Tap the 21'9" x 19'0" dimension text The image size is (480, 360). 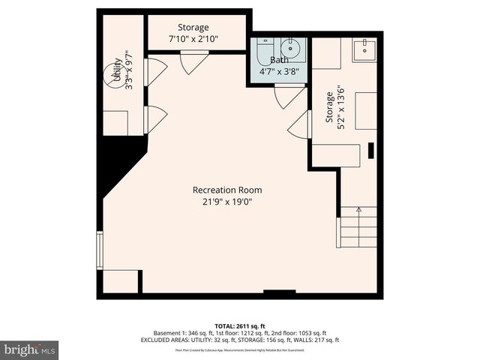[226, 201]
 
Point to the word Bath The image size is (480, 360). [279, 60]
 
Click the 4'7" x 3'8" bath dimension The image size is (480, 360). [279, 72]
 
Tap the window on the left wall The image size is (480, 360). [99, 250]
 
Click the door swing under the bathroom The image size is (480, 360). [288, 96]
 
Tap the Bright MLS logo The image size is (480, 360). [30, 349]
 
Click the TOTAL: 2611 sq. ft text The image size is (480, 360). [240, 325]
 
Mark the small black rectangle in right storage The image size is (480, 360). [370, 150]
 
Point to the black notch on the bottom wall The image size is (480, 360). [279, 292]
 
